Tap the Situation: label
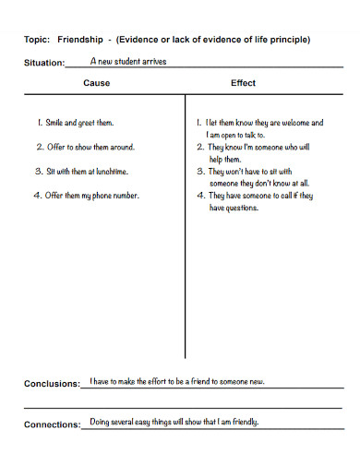pyautogui.click(x=43, y=64)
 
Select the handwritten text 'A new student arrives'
pyautogui.click(x=128, y=61)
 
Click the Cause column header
pyautogui.click(x=97, y=83)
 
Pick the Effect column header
pyautogui.click(x=243, y=83)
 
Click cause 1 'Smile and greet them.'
pyautogui.click(x=80, y=122)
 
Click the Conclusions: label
pyautogui.click(x=52, y=384)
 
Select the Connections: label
pyautogui.click(x=52, y=424)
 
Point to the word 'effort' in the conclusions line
pyautogui.click(x=162, y=381)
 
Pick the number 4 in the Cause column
pyautogui.click(x=37, y=195)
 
